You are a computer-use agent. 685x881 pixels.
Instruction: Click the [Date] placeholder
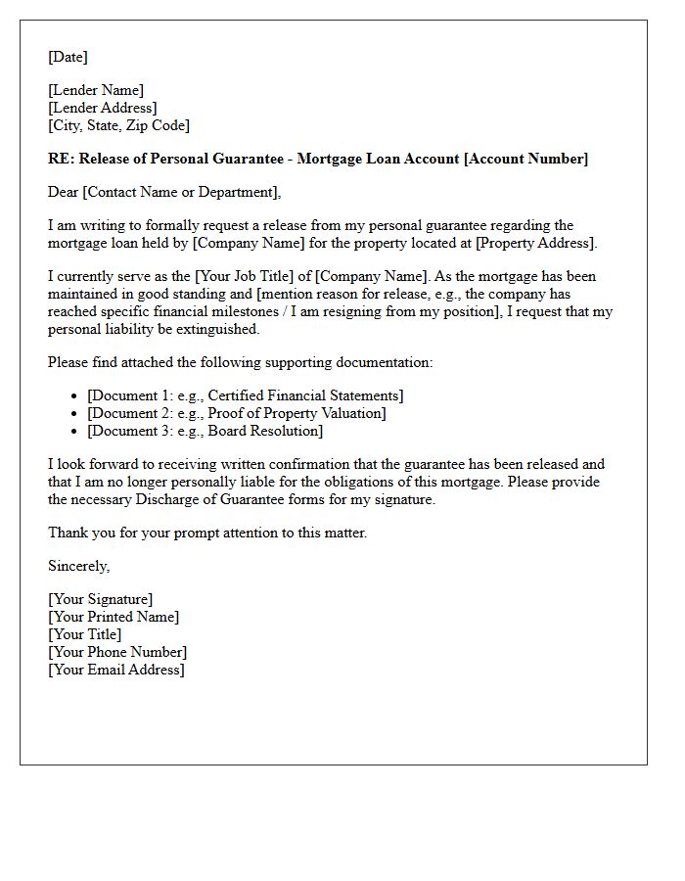tap(68, 57)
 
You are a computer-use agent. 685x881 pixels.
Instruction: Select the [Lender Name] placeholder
tap(96, 90)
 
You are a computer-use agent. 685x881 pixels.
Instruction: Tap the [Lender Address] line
tap(102, 108)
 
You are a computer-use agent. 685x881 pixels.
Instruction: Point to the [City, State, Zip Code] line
tap(118, 125)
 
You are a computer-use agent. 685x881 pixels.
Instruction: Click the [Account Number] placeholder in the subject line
tap(525, 159)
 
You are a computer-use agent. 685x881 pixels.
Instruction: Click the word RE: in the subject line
tap(61, 159)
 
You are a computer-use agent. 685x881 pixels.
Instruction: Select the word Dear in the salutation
tap(64, 192)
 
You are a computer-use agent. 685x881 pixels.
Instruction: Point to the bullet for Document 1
tap(75, 395)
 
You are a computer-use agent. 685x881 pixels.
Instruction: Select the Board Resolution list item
tap(205, 431)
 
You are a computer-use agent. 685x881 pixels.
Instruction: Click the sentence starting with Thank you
tap(206, 533)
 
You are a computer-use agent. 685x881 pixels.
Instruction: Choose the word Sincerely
tap(78, 566)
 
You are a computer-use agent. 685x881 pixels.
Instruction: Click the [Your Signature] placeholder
tap(100, 599)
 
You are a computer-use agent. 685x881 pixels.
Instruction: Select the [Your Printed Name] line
tap(114, 617)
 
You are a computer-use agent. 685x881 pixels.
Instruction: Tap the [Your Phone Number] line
tap(116, 652)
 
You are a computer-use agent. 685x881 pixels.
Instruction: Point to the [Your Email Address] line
tap(115, 670)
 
